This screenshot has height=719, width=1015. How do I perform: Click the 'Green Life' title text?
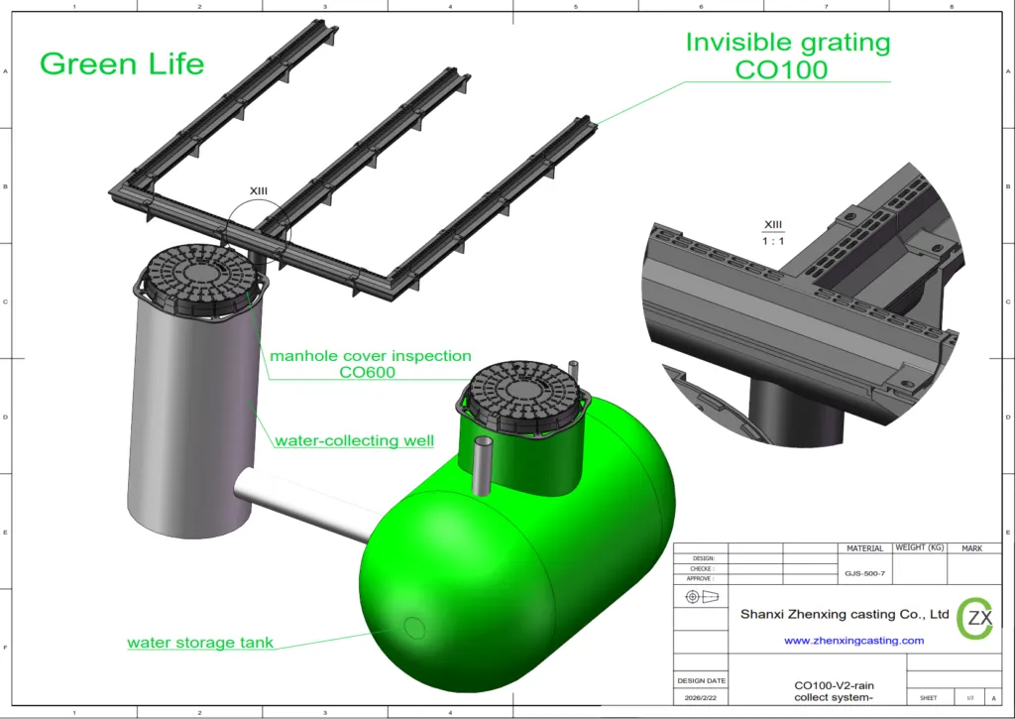121,63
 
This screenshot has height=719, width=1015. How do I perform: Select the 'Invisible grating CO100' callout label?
788,57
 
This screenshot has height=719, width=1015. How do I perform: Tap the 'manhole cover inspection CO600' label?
371,364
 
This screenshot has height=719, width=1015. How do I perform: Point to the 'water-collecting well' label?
354,440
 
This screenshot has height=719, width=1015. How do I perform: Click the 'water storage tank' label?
199,643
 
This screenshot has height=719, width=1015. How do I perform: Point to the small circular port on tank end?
414,627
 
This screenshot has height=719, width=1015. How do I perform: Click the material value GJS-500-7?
864,573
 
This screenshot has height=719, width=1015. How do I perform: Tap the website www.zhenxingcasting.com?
853,641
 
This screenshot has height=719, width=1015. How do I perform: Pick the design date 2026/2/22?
701,697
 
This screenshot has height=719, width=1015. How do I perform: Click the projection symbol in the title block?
700,597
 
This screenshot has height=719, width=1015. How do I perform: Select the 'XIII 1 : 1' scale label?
772,234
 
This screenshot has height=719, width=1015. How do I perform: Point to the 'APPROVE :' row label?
701,578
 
